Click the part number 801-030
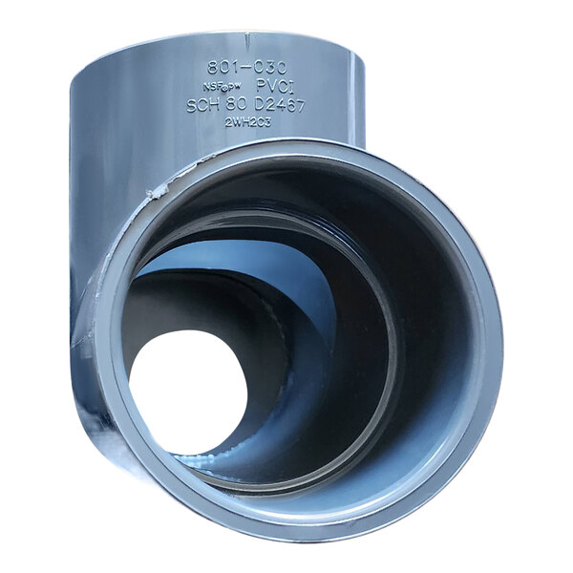pos(246,68)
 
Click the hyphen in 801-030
pos(245,68)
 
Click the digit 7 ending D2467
pos(300,105)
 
